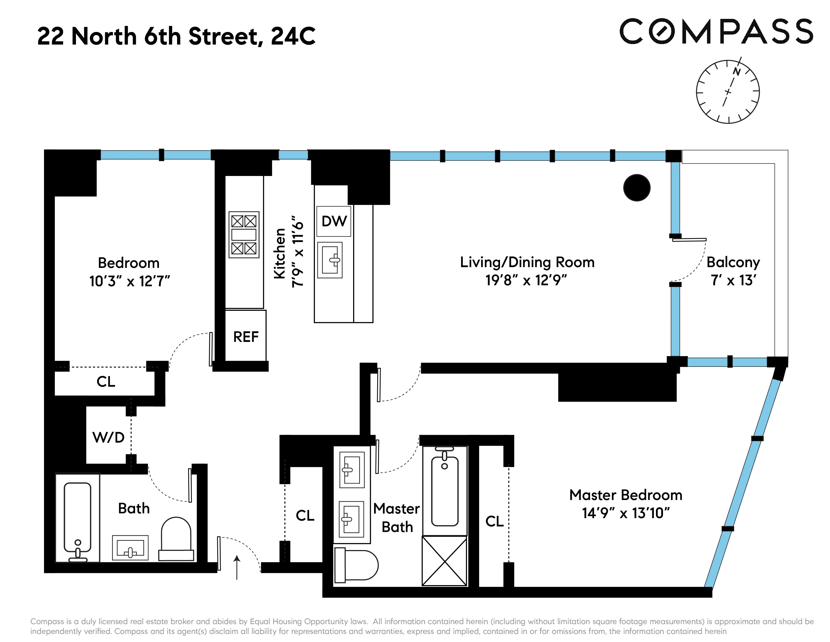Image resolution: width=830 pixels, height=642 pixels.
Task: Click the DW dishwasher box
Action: click(x=334, y=221)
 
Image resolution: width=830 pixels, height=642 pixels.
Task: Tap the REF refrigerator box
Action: click(x=245, y=337)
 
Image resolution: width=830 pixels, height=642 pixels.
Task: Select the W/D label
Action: click(x=108, y=437)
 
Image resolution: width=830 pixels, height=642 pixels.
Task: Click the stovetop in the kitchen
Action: click(x=244, y=235)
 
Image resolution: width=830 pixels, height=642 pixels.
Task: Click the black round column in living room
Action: click(x=637, y=188)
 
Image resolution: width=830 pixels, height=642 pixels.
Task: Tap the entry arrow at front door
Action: click(x=237, y=567)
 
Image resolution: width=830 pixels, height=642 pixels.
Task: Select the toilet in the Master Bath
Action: click(x=356, y=565)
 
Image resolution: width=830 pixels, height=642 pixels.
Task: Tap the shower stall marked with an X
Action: click(x=444, y=561)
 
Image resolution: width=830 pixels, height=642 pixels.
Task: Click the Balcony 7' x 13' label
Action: click(x=733, y=271)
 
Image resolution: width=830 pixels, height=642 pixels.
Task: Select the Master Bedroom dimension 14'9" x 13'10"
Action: click(x=626, y=513)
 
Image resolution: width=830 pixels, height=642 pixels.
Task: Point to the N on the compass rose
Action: click(x=736, y=72)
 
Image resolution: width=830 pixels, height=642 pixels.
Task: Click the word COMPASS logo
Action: click(x=716, y=32)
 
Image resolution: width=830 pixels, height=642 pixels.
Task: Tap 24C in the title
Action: click(x=293, y=37)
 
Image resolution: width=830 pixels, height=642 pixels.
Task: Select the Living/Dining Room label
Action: click(x=527, y=262)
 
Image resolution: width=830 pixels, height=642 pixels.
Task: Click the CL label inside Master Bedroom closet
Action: click(x=494, y=521)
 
